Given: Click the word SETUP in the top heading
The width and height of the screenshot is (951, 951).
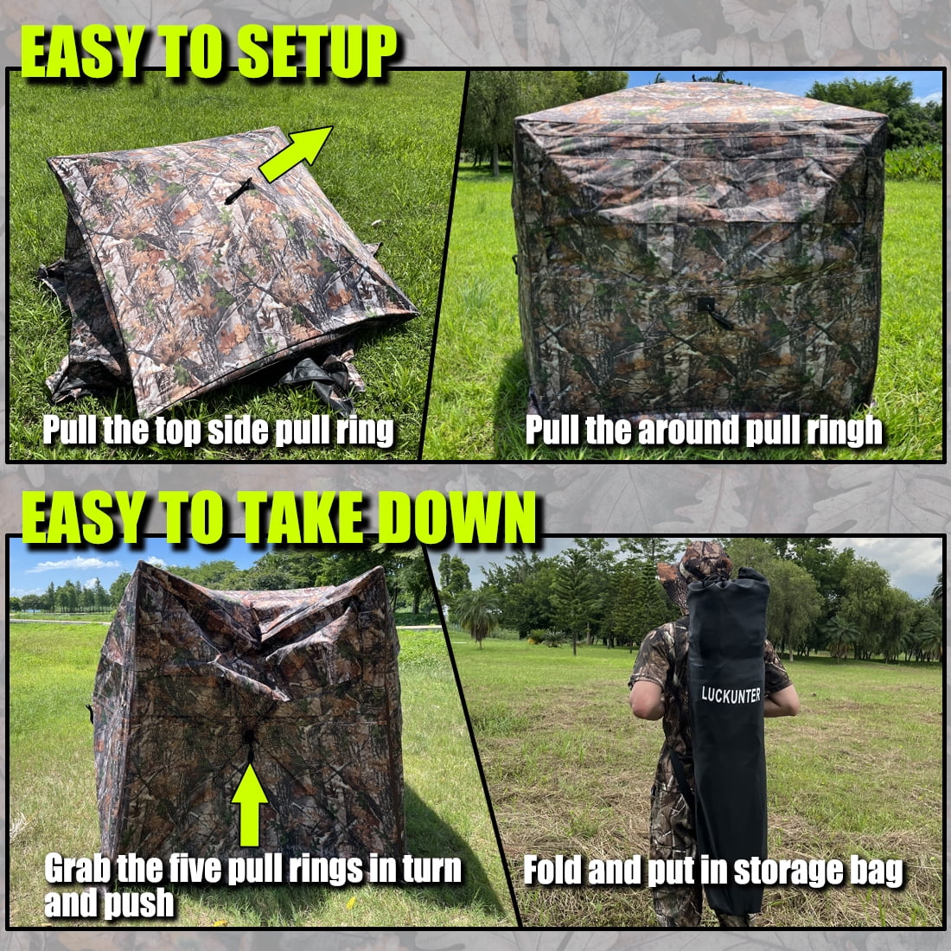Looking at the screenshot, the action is [x=316, y=52].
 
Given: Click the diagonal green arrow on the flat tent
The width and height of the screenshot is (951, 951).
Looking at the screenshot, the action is [x=296, y=154].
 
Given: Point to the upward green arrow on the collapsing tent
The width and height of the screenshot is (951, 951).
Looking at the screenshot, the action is [x=250, y=805].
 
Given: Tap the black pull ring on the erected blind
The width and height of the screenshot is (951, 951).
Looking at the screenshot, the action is [x=714, y=312].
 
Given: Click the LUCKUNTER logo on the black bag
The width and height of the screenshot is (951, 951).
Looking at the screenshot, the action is [x=731, y=695].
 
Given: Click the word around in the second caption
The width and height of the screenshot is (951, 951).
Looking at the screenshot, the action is [x=688, y=431].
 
